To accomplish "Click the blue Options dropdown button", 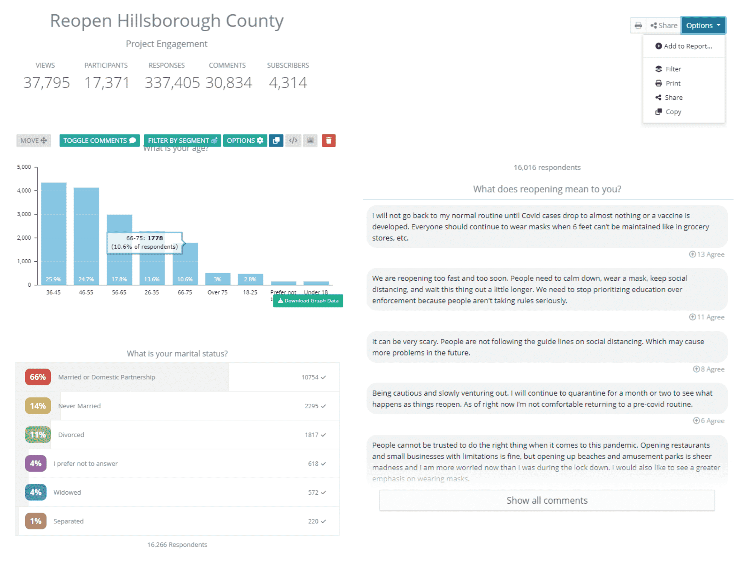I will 703,26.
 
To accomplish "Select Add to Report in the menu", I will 684,46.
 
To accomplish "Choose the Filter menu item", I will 672,69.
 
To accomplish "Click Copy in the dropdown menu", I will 672,112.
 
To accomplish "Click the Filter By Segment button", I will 182,141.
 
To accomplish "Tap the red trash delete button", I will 328,141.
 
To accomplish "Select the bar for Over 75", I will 218,278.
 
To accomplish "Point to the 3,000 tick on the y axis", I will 24,214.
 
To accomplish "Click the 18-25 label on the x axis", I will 250,292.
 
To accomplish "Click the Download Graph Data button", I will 308,301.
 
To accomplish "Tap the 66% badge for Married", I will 38,377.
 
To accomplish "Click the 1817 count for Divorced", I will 312,435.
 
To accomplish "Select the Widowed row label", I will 67,492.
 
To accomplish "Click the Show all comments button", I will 547,500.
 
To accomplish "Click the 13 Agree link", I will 707,254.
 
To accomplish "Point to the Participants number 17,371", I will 107,82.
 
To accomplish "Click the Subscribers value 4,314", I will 288,82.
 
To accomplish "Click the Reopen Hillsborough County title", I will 167,21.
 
